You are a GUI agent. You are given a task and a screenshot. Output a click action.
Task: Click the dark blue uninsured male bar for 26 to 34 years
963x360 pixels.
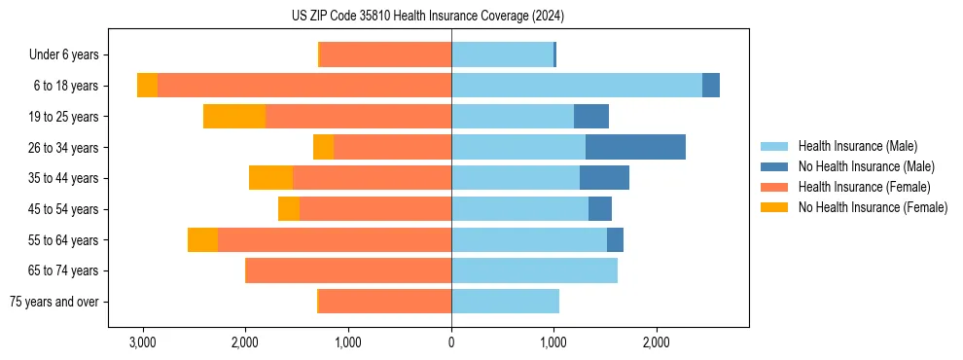tap(635, 147)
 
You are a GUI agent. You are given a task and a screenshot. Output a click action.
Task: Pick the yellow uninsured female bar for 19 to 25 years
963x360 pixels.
tap(234, 116)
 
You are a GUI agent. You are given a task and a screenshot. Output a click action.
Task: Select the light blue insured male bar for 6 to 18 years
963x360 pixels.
tap(576, 86)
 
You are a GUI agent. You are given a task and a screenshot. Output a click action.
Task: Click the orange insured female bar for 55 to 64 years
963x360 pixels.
tap(335, 239)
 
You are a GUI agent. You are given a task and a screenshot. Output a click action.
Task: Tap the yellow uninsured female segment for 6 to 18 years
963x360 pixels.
tap(147, 86)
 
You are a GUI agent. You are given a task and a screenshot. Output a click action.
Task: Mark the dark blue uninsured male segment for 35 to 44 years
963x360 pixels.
tap(604, 178)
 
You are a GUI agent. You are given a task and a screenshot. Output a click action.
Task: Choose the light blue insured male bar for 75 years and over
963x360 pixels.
tap(505, 302)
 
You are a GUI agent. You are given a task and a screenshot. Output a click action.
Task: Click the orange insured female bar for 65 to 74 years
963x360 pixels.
tap(348, 270)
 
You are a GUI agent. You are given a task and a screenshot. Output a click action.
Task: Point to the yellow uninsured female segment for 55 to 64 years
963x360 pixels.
tap(202, 239)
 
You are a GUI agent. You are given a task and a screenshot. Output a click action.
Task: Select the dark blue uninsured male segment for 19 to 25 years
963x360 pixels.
tap(591, 116)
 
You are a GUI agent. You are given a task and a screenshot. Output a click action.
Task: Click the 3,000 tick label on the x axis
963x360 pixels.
tap(143, 342)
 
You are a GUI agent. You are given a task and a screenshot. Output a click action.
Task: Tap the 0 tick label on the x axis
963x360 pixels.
tap(451, 342)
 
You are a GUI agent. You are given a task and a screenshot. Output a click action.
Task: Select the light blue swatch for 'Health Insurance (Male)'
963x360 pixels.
tap(774, 146)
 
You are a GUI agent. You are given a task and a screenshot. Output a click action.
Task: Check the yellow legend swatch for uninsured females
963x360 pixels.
tap(774, 207)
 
